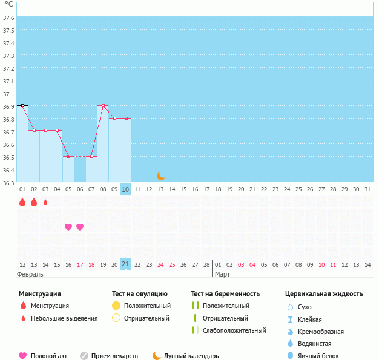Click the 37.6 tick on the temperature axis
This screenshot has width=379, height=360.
pos(8,18)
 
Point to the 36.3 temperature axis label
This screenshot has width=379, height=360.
pos(8,182)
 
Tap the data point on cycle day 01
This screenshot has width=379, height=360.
pos(22,105)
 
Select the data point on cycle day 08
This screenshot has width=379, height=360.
pos(103,105)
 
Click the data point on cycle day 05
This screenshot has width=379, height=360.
pos(68,156)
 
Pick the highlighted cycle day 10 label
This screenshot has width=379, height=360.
pos(125,189)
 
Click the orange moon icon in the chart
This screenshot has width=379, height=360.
pos(160,176)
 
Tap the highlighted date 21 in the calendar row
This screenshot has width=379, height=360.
pos(125,264)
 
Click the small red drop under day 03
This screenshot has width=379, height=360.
pos(45,202)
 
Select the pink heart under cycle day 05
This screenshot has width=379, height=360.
pos(68,227)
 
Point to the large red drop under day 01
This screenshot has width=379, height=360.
pos(22,202)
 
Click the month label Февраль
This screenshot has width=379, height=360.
pos(30,274)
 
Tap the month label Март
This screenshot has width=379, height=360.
pos(222,274)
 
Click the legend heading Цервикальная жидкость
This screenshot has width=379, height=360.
pos(324,294)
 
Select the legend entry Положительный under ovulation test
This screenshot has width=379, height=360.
pos(147,306)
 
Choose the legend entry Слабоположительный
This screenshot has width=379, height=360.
pos(234,330)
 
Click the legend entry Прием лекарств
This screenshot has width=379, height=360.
pos(114,356)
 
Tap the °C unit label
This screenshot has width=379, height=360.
pos(8,4)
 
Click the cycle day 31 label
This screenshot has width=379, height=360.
pos(367,189)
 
